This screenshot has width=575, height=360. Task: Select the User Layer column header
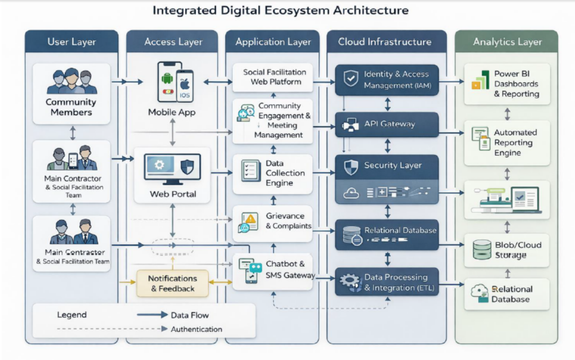click(x=71, y=42)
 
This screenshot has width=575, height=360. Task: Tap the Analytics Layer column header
click(x=507, y=42)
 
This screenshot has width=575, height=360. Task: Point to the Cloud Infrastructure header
click(x=385, y=42)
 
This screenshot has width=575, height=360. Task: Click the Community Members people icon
click(x=71, y=81)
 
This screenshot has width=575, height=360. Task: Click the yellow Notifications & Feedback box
click(x=172, y=284)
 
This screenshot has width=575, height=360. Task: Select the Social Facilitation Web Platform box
click(x=273, y=77)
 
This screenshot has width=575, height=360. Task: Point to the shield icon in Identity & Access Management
click(x=351, y=79)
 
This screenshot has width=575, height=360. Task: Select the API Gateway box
click(x=387, y=124)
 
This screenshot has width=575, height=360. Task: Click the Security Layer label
click(x=393, y=166)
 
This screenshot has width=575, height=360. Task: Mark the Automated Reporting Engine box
click(x=507, y=143)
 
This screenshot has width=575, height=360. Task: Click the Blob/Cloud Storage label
click(x=510, y=250)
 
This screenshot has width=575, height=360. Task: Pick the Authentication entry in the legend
click(x=197, y=329)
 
